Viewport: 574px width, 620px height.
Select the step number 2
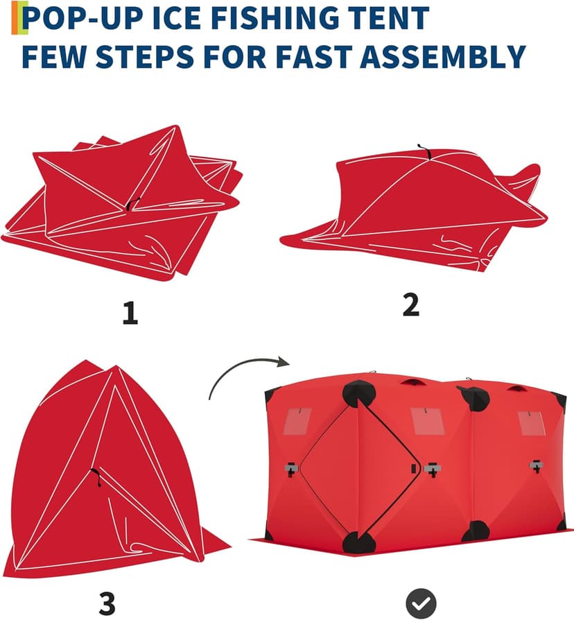pyautogui.click(x=411, y=304)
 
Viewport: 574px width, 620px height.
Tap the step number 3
pyautogui.click(x=106, y=602)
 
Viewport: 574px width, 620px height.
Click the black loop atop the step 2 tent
pyautogui.click(x=421, y=149)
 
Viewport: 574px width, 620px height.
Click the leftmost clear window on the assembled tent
pyautogui.click(x=297, y=420)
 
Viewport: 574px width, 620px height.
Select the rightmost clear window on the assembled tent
pyautogui.click(x=532, y=422)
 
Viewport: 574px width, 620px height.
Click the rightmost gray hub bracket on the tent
pyautogui.click(x=536, y=465)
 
